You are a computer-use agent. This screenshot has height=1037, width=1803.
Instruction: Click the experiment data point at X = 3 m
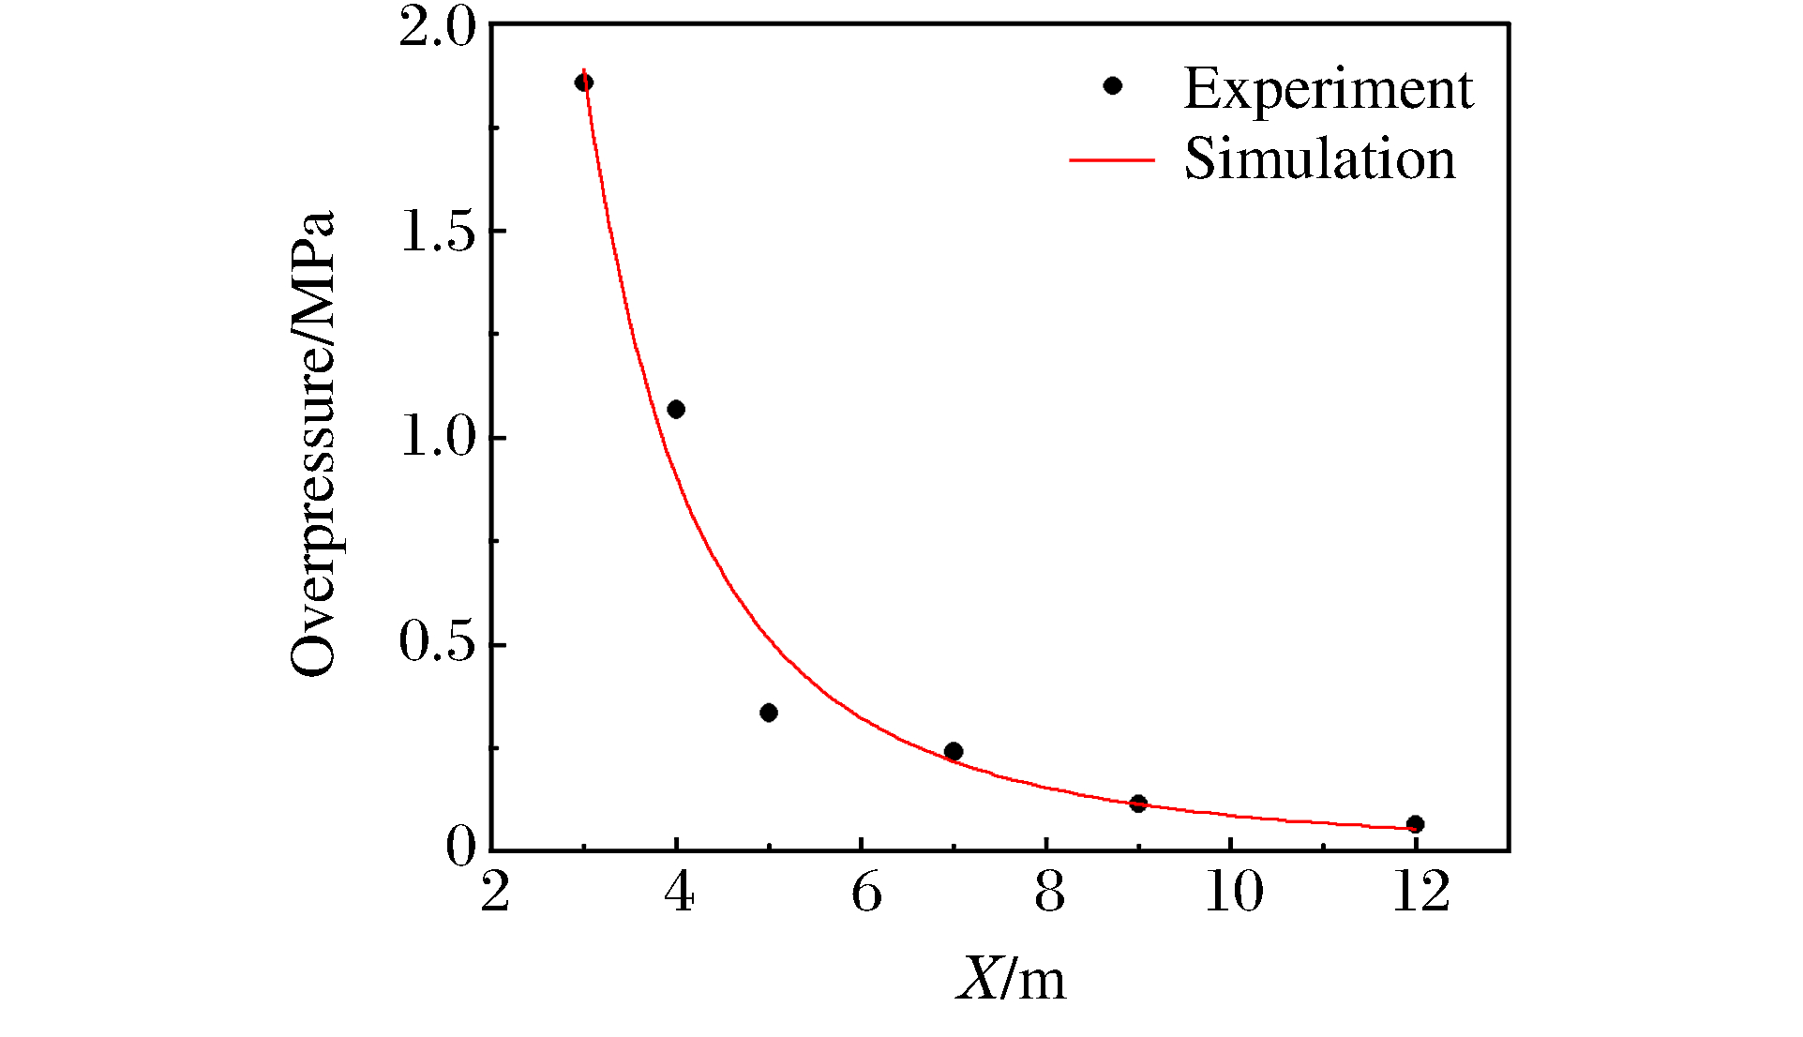(x=583, y=83)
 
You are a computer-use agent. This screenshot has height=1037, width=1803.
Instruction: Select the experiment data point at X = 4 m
(x=676, y=409)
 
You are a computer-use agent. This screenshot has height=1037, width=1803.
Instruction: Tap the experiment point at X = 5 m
(x=769, y=713)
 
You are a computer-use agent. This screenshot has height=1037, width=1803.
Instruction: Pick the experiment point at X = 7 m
(x=954, y=751)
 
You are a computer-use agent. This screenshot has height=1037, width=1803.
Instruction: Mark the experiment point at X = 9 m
(x=1138, y=804)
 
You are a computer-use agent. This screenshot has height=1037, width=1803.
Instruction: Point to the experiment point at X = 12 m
(x=1416, y=824)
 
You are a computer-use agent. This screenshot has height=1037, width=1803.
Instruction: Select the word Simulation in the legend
(x=1319, y=158)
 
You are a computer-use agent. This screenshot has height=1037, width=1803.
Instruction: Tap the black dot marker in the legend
(x=1113, y=85)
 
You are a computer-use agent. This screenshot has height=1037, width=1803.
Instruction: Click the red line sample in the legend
(x=1112, y=160)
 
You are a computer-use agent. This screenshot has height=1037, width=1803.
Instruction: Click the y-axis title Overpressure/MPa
(x=313, y=443)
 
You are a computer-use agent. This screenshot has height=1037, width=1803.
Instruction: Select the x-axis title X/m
(x=1011, y=980)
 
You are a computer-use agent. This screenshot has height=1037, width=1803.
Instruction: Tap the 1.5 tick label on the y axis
(x=437, y=232)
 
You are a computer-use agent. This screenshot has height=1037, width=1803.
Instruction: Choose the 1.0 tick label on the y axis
(x=437, y=438)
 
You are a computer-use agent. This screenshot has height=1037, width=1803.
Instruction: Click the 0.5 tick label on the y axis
(x=437, y=643)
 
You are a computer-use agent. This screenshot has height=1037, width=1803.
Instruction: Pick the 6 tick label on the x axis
(x=866, y=892)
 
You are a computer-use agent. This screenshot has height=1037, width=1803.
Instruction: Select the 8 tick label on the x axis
(x=1049, y=892)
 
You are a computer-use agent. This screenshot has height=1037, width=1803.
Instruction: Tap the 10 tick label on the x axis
(x=1233, y=892)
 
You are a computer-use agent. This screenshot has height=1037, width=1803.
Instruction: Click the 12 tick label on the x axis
(x=1420, y=892)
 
